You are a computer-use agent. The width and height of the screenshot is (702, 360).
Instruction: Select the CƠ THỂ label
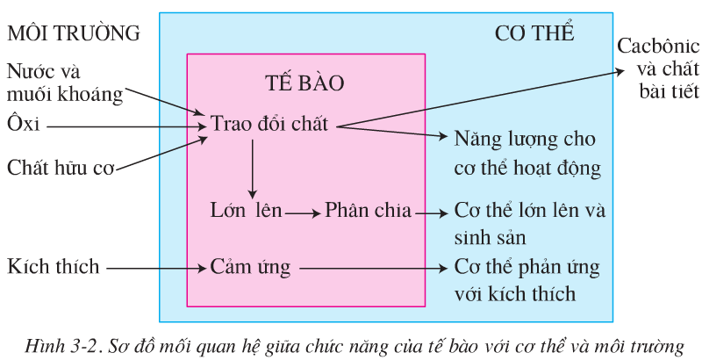click(x=534, y=34)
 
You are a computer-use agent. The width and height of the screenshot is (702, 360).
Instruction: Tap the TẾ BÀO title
click(x=304, y=83)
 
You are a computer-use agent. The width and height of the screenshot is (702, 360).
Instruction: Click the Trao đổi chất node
click(x=269, y=125)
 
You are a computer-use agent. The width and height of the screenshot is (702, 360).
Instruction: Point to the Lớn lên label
click(x=240, y=212)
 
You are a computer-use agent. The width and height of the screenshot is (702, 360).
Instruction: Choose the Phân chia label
click(x=369, y=212)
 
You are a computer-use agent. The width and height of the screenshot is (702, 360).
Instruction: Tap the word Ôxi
click(x=24, y=125)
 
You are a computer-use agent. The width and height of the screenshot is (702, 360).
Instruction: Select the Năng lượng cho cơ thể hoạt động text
click(x=526, y=152)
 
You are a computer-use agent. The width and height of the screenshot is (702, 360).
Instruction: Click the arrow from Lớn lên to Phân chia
click(x=302, y=212)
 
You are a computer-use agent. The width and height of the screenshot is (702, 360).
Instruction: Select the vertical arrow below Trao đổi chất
click(x=252, y=167)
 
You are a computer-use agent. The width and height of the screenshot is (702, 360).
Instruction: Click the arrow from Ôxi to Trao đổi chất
click(x=123, y=126)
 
